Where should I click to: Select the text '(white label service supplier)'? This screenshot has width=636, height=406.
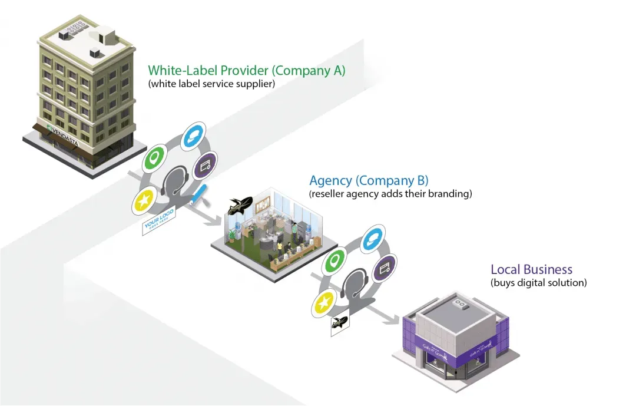[x=211, y=84]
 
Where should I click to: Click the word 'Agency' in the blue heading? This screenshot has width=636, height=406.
[x=331, y=180]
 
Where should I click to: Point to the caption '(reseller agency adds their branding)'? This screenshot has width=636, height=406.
[x=390, y=193]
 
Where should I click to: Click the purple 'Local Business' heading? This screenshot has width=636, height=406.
[x=531, y=270]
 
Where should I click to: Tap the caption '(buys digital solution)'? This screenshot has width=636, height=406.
[x=538, y=283]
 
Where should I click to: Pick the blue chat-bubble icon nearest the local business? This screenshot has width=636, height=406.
[x=372, y=239]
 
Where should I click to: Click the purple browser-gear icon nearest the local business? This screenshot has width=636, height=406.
[x=385, y=269]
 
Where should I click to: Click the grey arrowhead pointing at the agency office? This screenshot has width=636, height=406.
[x=216, y=221]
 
